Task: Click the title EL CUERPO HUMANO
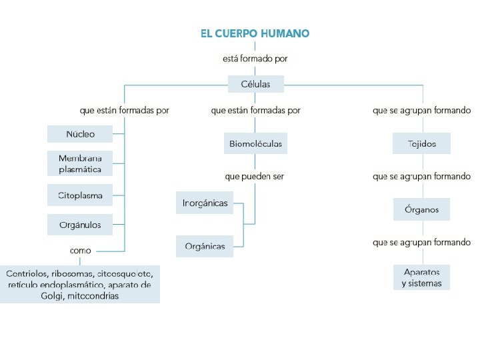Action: click(255, 33)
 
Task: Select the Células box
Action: click(255, 84)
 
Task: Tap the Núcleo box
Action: click(80, 134)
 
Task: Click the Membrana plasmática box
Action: click(80, 164)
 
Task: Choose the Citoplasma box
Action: click(80, 196)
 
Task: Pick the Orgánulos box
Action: click(80, 225)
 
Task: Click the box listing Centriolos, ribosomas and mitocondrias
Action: click(80, 285)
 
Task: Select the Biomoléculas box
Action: click(255, 143)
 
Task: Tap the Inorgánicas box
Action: click(205, 203)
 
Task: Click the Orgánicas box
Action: click(205, 246)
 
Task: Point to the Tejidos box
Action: click(421, 143)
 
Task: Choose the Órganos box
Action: click(421, 209)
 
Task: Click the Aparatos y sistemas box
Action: click(421, 277)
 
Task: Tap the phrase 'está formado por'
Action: click(255, 59)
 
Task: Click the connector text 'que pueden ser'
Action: click(255, 177)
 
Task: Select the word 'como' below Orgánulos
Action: click(81, 251)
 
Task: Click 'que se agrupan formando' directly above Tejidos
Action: click(421, 111)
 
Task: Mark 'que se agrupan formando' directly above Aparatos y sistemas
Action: click(421, 243)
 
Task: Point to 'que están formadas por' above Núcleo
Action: click(124, 111)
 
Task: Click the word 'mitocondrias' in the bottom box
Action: click(93, 295)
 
